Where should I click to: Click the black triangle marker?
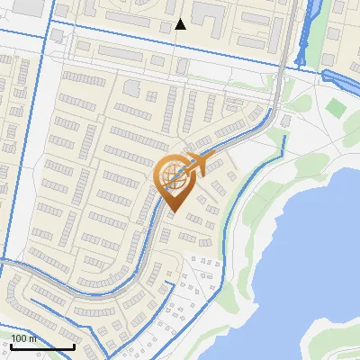click(181, 24)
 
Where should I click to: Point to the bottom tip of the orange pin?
click(173, 213)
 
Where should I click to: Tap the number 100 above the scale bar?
click(18, 338)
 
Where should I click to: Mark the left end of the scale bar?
click(11, 346)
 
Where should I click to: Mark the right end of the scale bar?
click(74, 346)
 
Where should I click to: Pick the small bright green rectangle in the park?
click(335, 106)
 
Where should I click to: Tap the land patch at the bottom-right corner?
click(337, 346)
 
